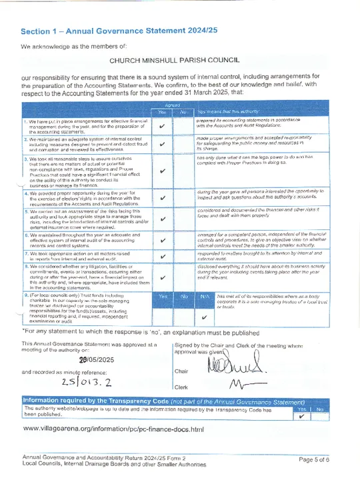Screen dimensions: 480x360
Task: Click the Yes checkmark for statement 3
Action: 163,169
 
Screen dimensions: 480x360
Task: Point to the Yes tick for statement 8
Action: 163,278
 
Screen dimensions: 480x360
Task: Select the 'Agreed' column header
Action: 173,105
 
